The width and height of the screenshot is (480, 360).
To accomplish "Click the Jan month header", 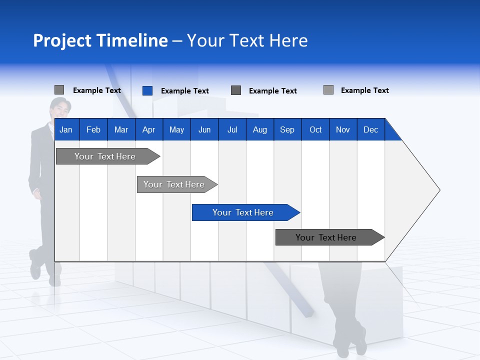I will pos(66,130).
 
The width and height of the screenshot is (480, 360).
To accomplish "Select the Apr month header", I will pos(148,130).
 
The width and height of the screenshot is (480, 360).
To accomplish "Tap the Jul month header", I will pos(232,130).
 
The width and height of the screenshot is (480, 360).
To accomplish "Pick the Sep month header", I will pos(287,130).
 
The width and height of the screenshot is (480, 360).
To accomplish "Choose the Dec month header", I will pos(370,130).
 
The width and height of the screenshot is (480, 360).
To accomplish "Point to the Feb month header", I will pos(93,130).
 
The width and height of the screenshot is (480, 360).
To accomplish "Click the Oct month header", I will pos(315,130).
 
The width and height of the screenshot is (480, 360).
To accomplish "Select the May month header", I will pos(176,130).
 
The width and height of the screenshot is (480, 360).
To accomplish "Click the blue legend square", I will pos(147,90).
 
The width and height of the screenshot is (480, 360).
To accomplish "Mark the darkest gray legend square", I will pos(236,90).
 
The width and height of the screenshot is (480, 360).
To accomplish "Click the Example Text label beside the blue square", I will pos(184,91).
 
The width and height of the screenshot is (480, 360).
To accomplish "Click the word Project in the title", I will pos(61,40).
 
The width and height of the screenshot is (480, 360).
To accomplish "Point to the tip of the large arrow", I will pos(439,190).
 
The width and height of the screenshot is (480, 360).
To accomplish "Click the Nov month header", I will pos(343,130).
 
